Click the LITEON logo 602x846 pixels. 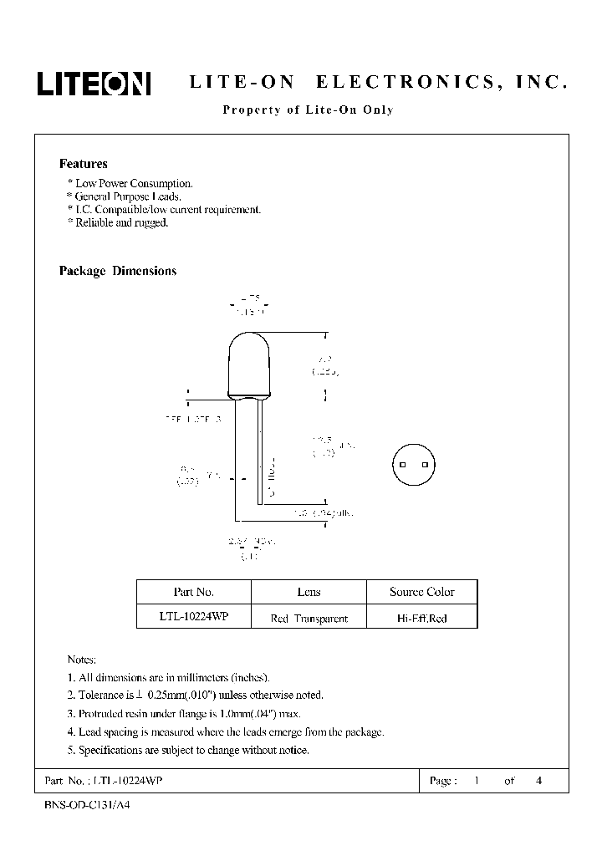pyautogui.click(x=92, y=84)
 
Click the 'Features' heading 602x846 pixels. pyautogui.click(x=83, y=164)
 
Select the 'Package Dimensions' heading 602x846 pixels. pyautogui.click(x=117, y=271)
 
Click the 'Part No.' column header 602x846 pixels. pyautogui.click(x=194, y=592)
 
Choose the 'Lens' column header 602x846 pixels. pyautogui.click(x=309, y=592)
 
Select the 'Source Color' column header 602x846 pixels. pyautogui.click(x=422, y=592)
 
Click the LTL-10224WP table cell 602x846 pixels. pyautogui.click(x=194, y=618)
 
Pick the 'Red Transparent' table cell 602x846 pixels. pyautogui.click(x=309, y=619)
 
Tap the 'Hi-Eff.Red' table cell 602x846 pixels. pyautogui.click(x=422, y=619)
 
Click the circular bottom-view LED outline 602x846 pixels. pyautogui.click(x=414, y=464)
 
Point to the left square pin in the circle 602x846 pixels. pyautogui.click(x=402, y=464)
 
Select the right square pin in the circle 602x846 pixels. pyautogui.click(x=425, y=464)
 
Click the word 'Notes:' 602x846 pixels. pyautogui.click(x=82, y=660)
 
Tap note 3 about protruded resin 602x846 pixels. pyautogui.click(x=183, y=713)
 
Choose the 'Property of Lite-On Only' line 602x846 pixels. pyautogui.click(x=308, y=110)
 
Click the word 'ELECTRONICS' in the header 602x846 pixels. pyautogui.click(x=397, y=84)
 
